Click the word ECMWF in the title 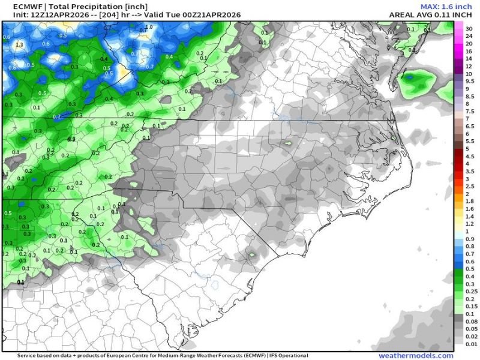[x=16, y=5]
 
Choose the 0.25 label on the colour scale [x=470, y=291]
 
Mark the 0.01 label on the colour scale [x=470, y=344]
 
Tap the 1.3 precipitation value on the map [x=19, y=44]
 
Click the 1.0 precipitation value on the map [x=149, y=27]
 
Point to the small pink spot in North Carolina [x=287, y=142]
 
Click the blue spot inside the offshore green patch [x=410, y=77]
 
